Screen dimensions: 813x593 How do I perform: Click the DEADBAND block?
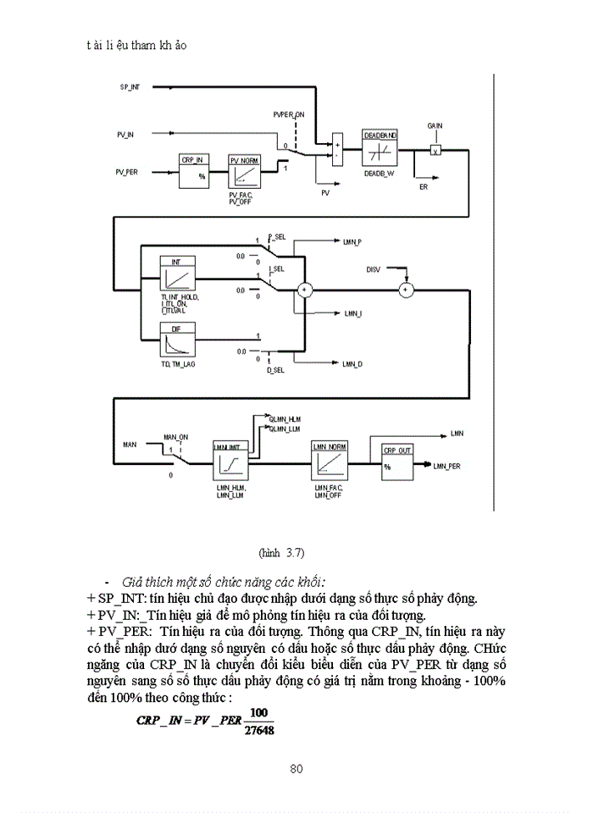(x=380, y=149)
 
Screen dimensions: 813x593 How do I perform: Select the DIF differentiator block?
(x=178, y=341)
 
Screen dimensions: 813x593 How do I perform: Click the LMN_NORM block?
(x=331, y=462)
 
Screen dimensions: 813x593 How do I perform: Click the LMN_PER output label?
(x=446, y=467)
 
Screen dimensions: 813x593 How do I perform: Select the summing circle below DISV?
(x=405, y=290)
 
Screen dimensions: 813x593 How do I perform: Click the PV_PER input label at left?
(x=127, y=172)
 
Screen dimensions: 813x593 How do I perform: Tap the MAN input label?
(x=130, y=444)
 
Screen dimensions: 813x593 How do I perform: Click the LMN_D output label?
(x=352, y=364)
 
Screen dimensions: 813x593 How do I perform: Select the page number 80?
(x=296, y=769)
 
